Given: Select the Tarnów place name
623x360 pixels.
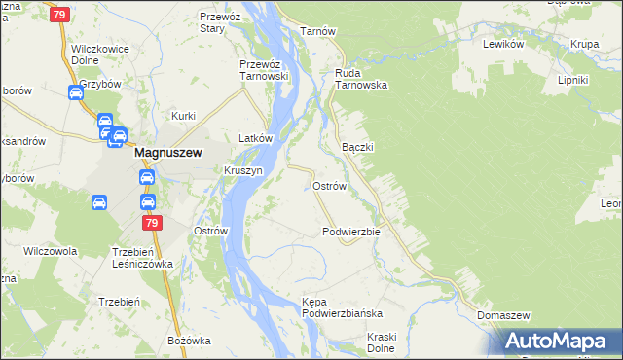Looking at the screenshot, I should [x=317, y=31].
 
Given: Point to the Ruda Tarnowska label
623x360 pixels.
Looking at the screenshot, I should [x=361, y=79].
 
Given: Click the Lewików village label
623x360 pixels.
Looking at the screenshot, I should [x=503, y=45].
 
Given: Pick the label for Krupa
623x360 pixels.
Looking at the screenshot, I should [x=585, y=45].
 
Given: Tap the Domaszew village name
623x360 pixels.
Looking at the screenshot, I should [x=503, y=316].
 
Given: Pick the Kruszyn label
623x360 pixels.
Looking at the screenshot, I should [x=243, y=169].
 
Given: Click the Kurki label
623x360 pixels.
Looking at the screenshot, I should [x=184, y=116].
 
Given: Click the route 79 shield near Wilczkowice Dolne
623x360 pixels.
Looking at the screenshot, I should [x=60, y=15].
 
